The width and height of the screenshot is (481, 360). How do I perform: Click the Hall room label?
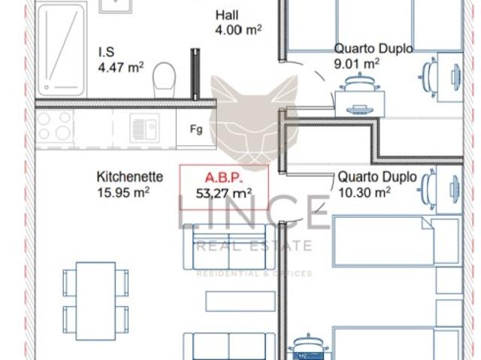click(x=226, y=15)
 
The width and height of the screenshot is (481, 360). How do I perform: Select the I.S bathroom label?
click(x=106, y=53)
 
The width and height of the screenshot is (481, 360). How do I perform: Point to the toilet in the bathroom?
click(x=163, y=77)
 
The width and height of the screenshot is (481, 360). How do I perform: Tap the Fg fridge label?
click(x=196, y=129)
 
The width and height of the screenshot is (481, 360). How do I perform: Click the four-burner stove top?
click(x=54, y=126)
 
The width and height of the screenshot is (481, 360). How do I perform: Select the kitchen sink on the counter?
click(x=144, y=126)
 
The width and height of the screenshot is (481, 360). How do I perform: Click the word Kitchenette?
click(x=130, y=177)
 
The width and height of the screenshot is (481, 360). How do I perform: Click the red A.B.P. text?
click(x=222, y=178)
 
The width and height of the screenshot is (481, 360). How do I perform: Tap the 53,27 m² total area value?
click(x=222, y=193)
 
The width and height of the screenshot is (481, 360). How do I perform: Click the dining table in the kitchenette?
click(x=95, y=299)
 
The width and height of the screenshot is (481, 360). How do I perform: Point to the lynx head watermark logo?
click(x=253, y=113)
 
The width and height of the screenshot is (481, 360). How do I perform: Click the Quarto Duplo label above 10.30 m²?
click(x=377, y=177)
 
